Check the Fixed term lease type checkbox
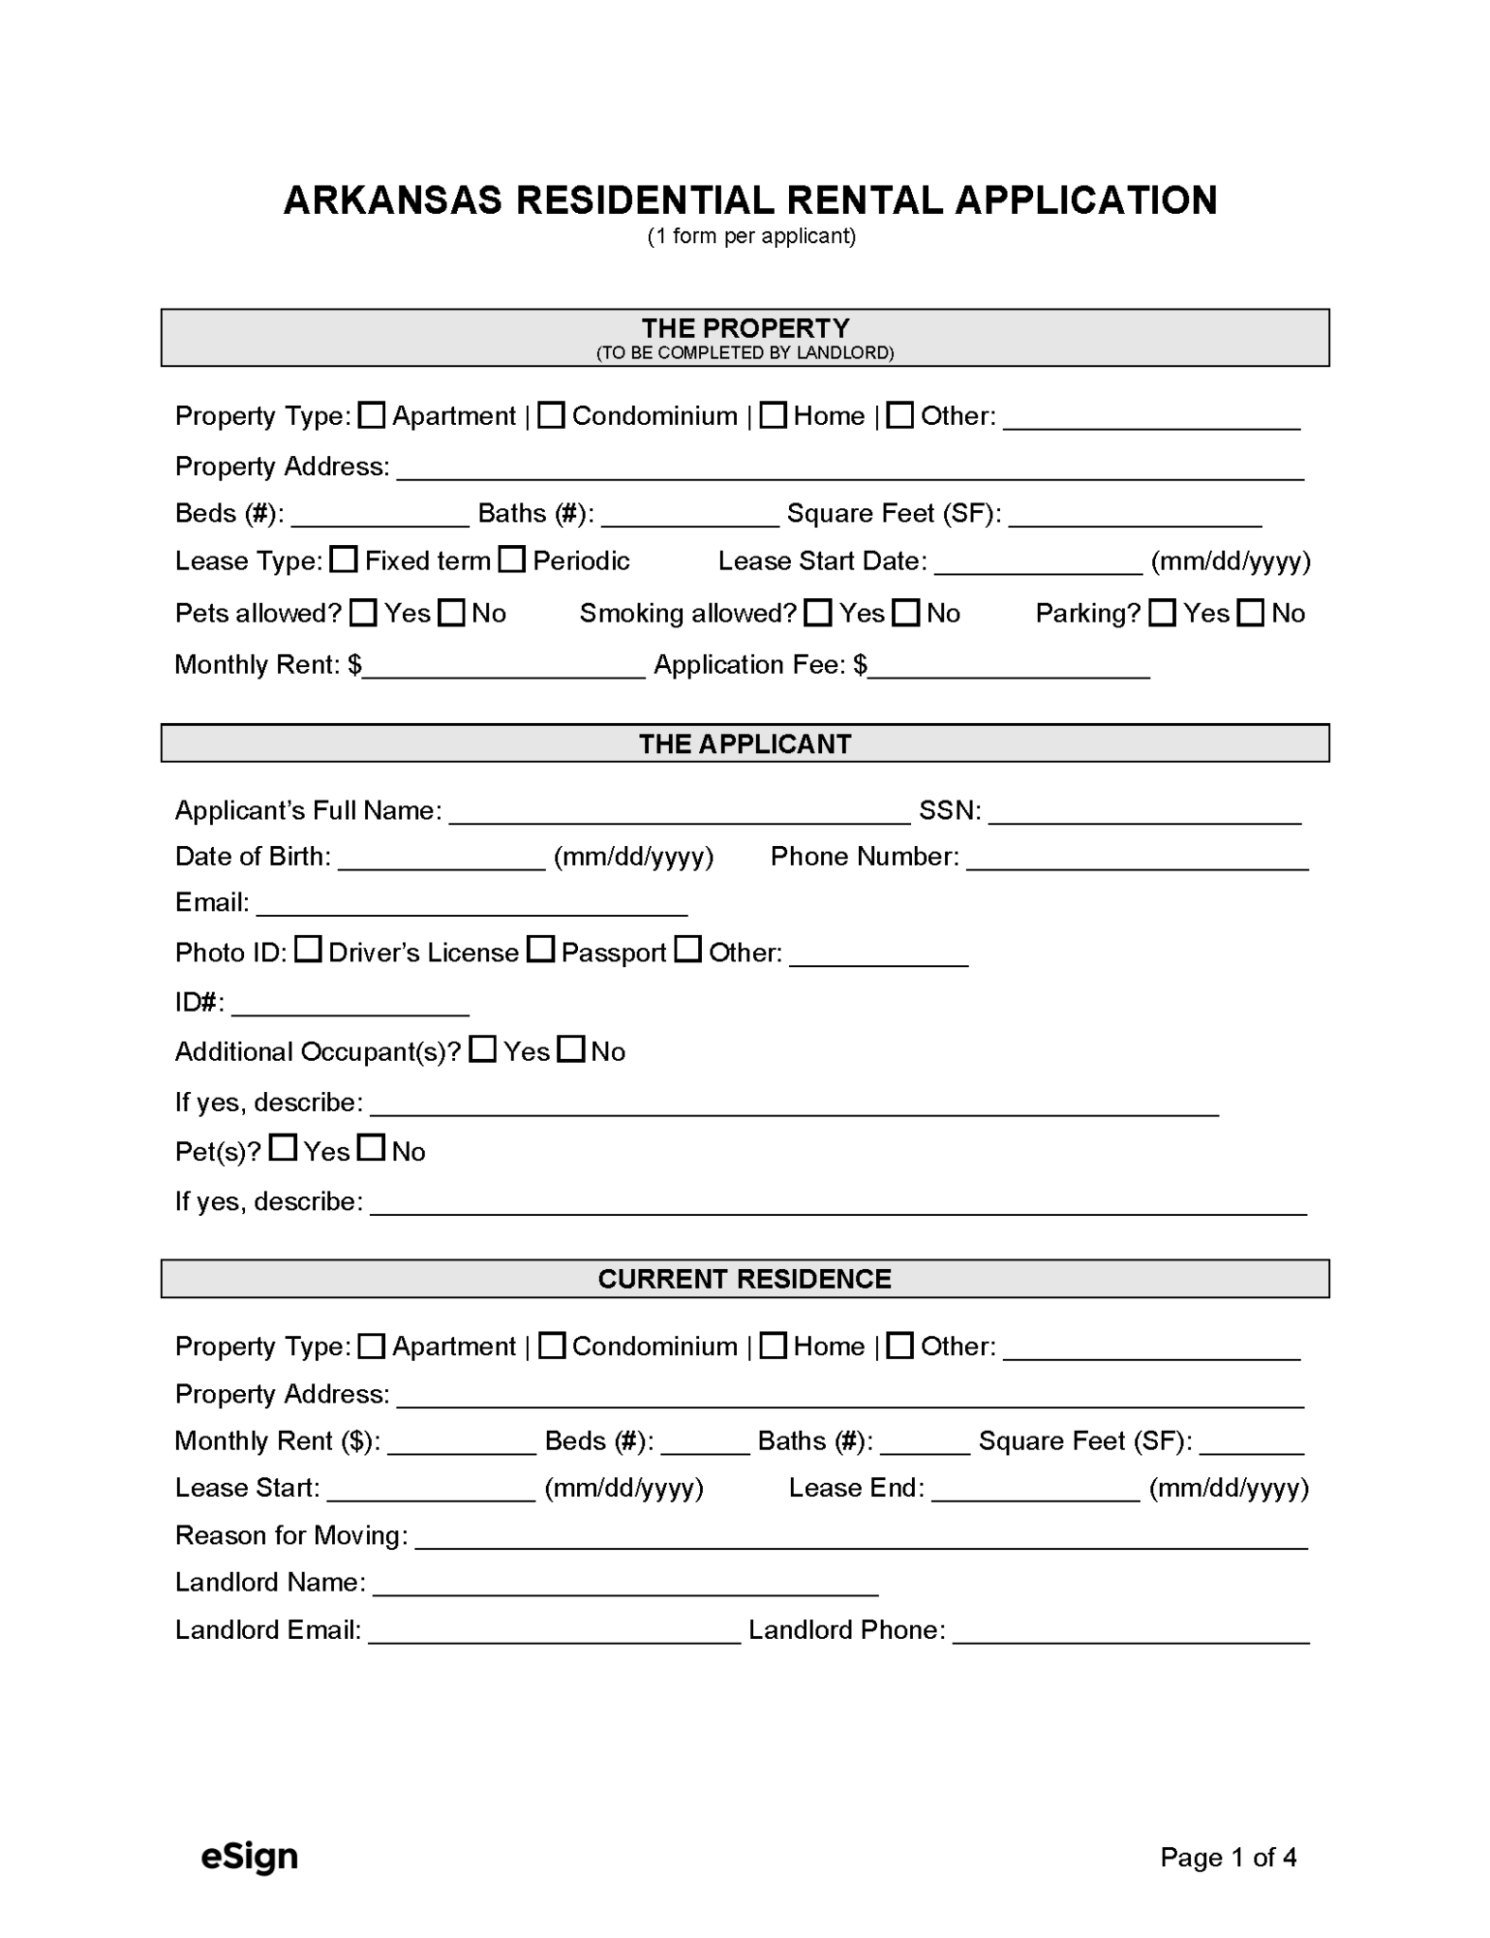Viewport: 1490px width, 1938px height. tap(343, 560)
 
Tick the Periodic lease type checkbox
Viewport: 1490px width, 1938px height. tap(512, 560)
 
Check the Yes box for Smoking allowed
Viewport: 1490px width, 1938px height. tap(817, 613)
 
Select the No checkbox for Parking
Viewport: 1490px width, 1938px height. tap(1251, 613)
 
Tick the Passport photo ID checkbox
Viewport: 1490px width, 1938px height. tap(540, 949)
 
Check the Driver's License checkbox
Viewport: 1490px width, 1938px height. tap(307, 949)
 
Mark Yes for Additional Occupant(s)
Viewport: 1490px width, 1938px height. tap(482, 1049)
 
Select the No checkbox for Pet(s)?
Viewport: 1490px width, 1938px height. tap(372, 1149)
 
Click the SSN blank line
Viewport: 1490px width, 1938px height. tap(1145, 814)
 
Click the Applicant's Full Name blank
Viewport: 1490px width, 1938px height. tap(679, 814)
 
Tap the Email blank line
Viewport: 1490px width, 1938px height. tap(471, 906)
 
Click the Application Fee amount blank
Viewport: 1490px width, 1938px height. tap(1008, 668)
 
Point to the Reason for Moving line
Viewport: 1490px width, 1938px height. tap(861, 1538)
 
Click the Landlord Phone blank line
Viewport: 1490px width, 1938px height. tap(1131, 1632)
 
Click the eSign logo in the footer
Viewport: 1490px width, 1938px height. tap(250, 1857)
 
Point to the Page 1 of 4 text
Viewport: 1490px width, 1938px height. tap(1228, 1858)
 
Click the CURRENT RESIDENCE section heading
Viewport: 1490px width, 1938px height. tap(745, 1279)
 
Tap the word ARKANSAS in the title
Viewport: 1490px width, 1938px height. tap(393, 201)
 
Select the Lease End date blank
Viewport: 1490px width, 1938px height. tap(1035, 1490)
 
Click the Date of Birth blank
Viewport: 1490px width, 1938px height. tap(442, 859)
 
